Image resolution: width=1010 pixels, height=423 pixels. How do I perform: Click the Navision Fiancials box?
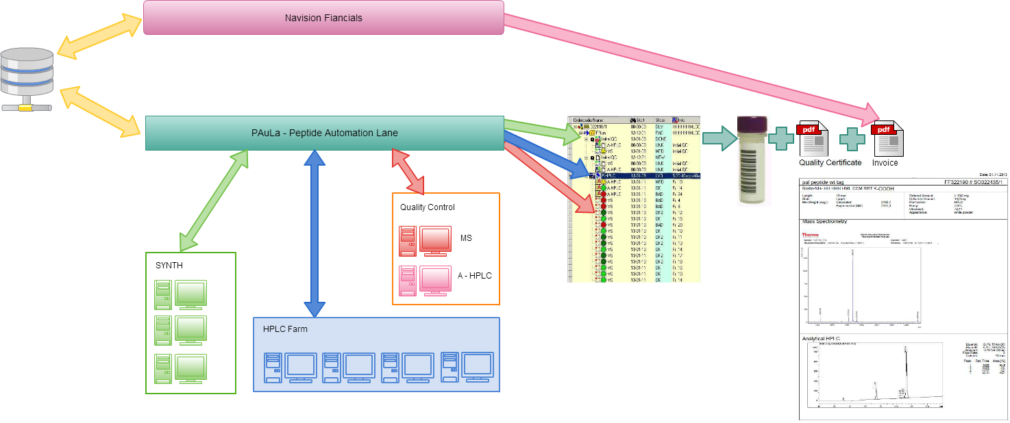pos(323,18)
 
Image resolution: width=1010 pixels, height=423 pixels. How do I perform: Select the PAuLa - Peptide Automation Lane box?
pos(324,133)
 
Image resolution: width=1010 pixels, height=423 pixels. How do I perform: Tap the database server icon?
pos(27,79)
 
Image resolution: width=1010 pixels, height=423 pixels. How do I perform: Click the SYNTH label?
pos(169,266)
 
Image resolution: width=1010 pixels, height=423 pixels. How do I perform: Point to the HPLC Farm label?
pos(285,329)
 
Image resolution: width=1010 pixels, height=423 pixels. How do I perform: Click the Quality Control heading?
pos(428,207)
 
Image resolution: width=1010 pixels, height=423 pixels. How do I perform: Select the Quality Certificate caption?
pos(830,163)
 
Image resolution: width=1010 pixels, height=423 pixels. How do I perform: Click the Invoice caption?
pos(885,163)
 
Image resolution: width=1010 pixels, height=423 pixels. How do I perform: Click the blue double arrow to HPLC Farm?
pos(315,233)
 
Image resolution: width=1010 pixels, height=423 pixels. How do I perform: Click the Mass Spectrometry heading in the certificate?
pos(825,221)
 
